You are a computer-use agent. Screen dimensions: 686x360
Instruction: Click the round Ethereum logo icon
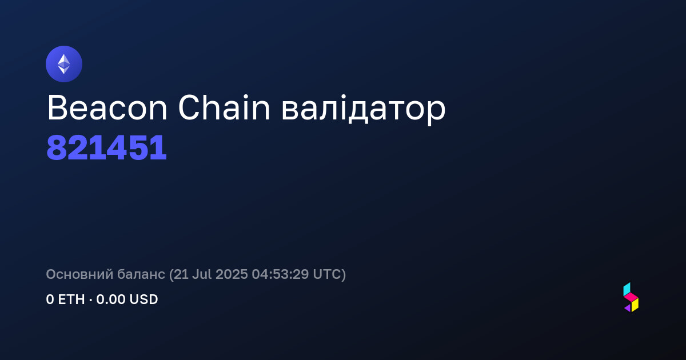[x=64, y=64]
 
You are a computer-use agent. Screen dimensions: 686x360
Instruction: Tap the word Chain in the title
[x=224, y=107]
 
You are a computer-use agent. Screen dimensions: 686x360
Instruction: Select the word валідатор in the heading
[x=363, y=110]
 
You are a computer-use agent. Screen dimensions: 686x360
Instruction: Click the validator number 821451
[x=106, y=148]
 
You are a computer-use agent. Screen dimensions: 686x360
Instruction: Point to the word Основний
[x=79, y=274]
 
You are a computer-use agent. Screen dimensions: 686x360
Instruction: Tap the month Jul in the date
[x=202, y=274]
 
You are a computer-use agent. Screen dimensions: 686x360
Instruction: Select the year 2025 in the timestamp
[x=232, y=274]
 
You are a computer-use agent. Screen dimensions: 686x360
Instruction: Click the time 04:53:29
[x=280, y=274]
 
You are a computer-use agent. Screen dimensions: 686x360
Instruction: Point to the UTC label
[x=326, y=274]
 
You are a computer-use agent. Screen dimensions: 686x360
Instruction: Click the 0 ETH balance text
[x=65, y=299]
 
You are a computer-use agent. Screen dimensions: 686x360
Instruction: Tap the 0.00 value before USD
[x=111, y=299]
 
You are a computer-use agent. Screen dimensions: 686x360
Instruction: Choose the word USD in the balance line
[x=143, y=299]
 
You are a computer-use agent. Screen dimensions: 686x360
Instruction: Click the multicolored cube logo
[x=631, y=297]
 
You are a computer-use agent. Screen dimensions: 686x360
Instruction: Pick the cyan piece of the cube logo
[x=627, y=289]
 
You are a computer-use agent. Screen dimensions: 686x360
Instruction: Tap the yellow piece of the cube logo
[x=635, y=306]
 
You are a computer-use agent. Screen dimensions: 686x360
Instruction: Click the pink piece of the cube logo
[x=631, y=297]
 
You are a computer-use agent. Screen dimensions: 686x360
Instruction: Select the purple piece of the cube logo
[x=628, y=308]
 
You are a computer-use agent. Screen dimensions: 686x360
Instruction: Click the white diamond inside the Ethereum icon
[x=64, y=64]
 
